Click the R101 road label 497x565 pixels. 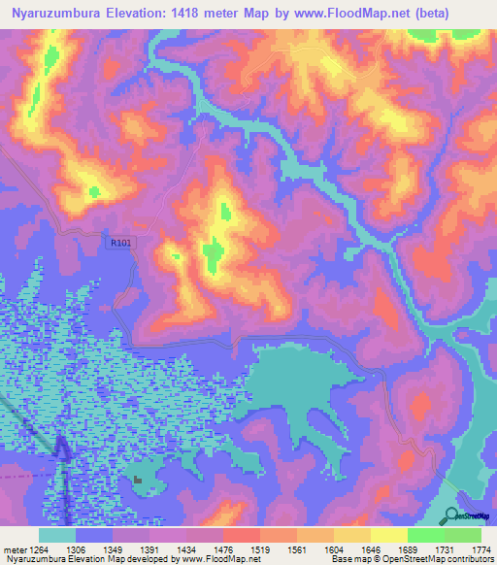click(117, 243)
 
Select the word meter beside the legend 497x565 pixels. click(13, 549)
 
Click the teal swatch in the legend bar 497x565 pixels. click(57, 535)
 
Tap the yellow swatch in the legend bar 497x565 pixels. click(388, 535)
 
